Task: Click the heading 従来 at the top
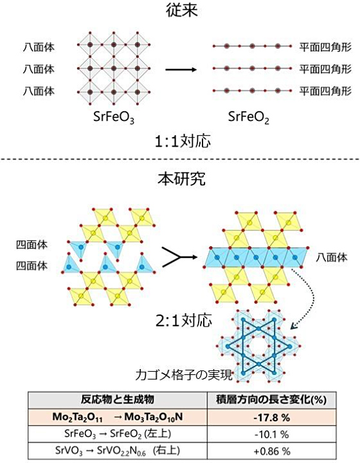pos(181,11)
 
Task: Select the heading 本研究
pos(181,178)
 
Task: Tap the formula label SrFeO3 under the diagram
pos(114,117)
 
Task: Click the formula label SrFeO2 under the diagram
pos(248,117)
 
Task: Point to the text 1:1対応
pos(183,141)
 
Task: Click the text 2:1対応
pos(184,321)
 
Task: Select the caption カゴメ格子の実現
pos(184,375)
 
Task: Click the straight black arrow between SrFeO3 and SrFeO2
pos(181,69)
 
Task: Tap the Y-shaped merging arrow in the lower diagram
pos(180,257)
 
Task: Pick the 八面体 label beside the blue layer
pos(332,257)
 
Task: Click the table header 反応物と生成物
pos(118,399)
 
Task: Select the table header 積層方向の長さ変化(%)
pos(271,400)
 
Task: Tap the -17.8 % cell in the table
pos(271,417)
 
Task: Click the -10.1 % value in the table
pos(271,434)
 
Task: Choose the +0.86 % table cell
pos(272,451)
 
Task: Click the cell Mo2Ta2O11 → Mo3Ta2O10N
pos(118,417)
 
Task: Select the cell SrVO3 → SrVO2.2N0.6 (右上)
pos(118,451)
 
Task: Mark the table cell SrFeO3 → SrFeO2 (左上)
pos(118,434)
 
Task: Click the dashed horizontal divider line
pos(180,159)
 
